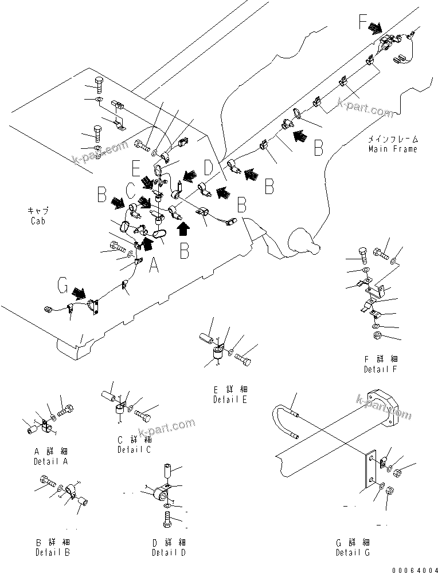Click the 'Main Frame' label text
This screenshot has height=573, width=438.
(x=393, y=149)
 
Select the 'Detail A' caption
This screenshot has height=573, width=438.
(x=50, y=461)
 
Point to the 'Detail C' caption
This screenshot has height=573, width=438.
(x=135, y=449)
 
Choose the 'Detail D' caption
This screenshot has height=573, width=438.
(x=169, y=552)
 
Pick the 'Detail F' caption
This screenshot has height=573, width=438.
(x=381, y=369)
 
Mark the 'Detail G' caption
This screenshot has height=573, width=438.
(x=353, y=552)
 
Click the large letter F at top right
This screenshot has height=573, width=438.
(x=362, y=23)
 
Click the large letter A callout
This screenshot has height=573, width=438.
(x=153, y=265)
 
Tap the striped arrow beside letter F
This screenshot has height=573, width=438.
(x=377, y=27)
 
